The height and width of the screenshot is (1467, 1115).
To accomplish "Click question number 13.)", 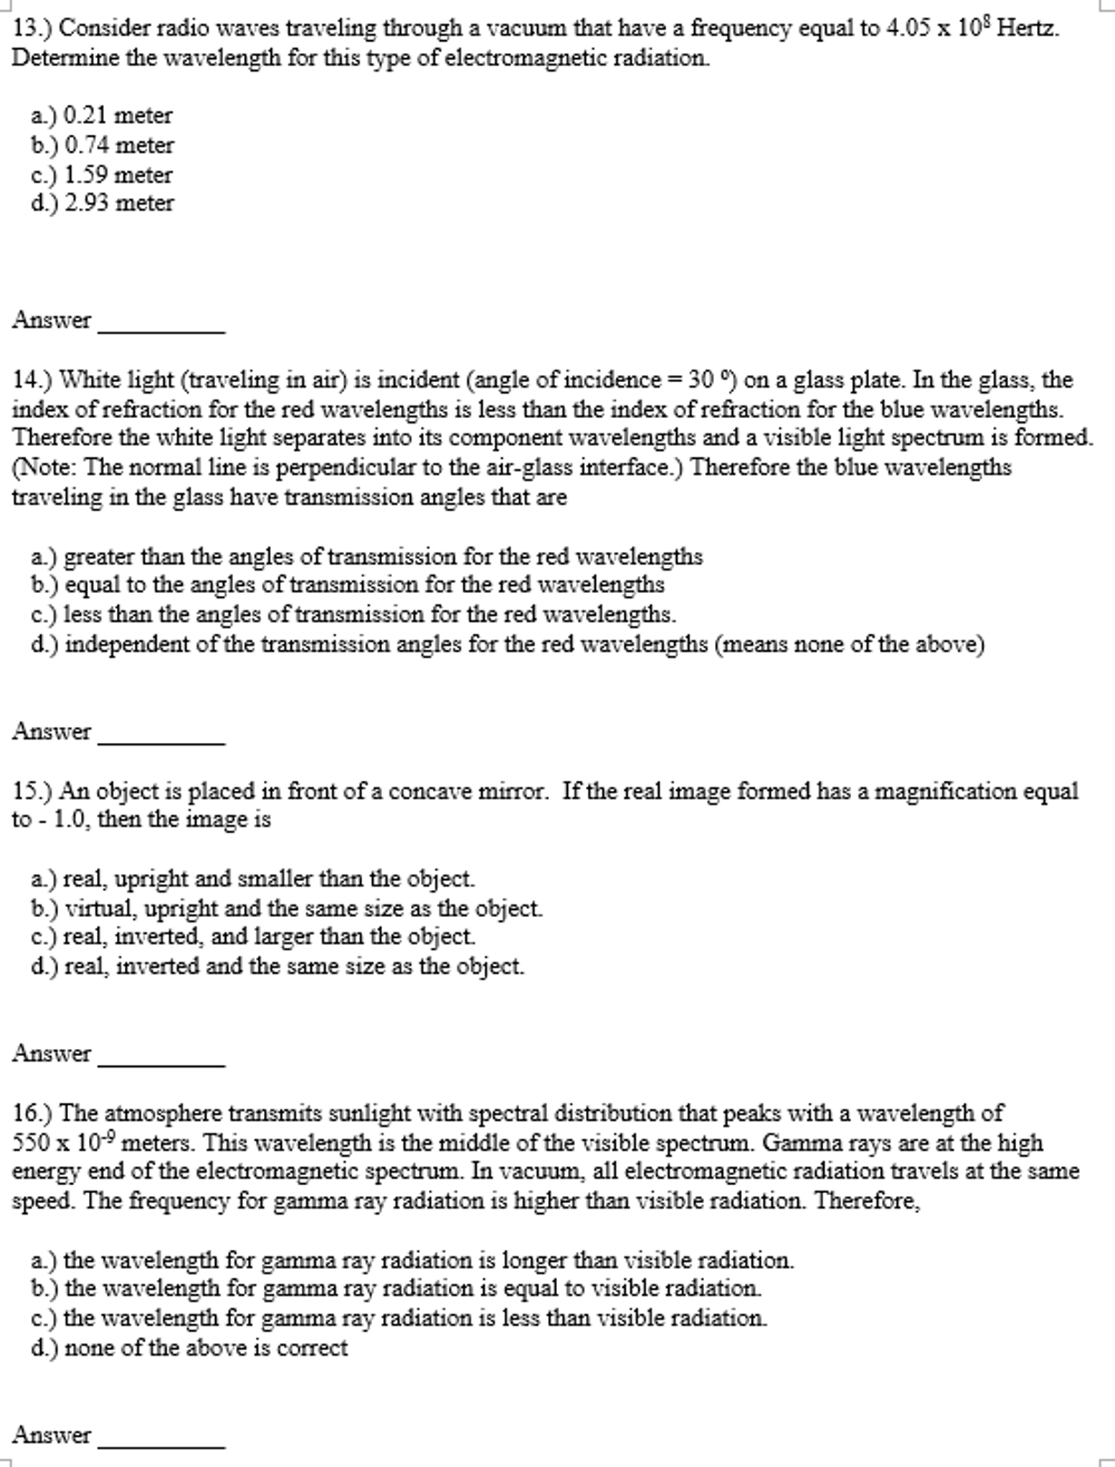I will (32, 29).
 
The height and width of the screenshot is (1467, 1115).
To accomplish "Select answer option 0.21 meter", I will (118, 115).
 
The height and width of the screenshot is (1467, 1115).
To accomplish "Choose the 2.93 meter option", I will (119, 204).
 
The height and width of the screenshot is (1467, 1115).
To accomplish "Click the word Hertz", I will (1028, 29).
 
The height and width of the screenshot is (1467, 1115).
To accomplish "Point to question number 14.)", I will (32, 379).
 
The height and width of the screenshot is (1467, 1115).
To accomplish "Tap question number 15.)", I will (32, 791).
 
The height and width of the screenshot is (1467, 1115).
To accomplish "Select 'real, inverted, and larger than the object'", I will (269, 937).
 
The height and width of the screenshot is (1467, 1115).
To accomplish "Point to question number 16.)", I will (32, 1113).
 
